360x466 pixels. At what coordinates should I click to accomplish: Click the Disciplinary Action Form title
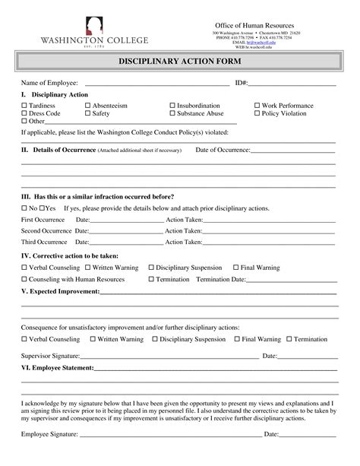180,60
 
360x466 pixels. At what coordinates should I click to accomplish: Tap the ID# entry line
292,84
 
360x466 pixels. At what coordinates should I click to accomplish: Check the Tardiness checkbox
24,106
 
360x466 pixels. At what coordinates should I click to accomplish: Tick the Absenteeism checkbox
88,106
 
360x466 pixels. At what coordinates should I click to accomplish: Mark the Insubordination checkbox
172,106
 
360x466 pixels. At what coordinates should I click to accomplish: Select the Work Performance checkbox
257,106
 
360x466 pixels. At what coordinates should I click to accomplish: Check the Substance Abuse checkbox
172,113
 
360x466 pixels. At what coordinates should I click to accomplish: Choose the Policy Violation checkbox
257,113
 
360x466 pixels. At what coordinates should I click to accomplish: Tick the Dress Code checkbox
24,113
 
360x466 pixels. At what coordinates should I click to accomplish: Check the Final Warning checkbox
235,268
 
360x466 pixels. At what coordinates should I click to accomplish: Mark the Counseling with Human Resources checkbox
24,279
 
